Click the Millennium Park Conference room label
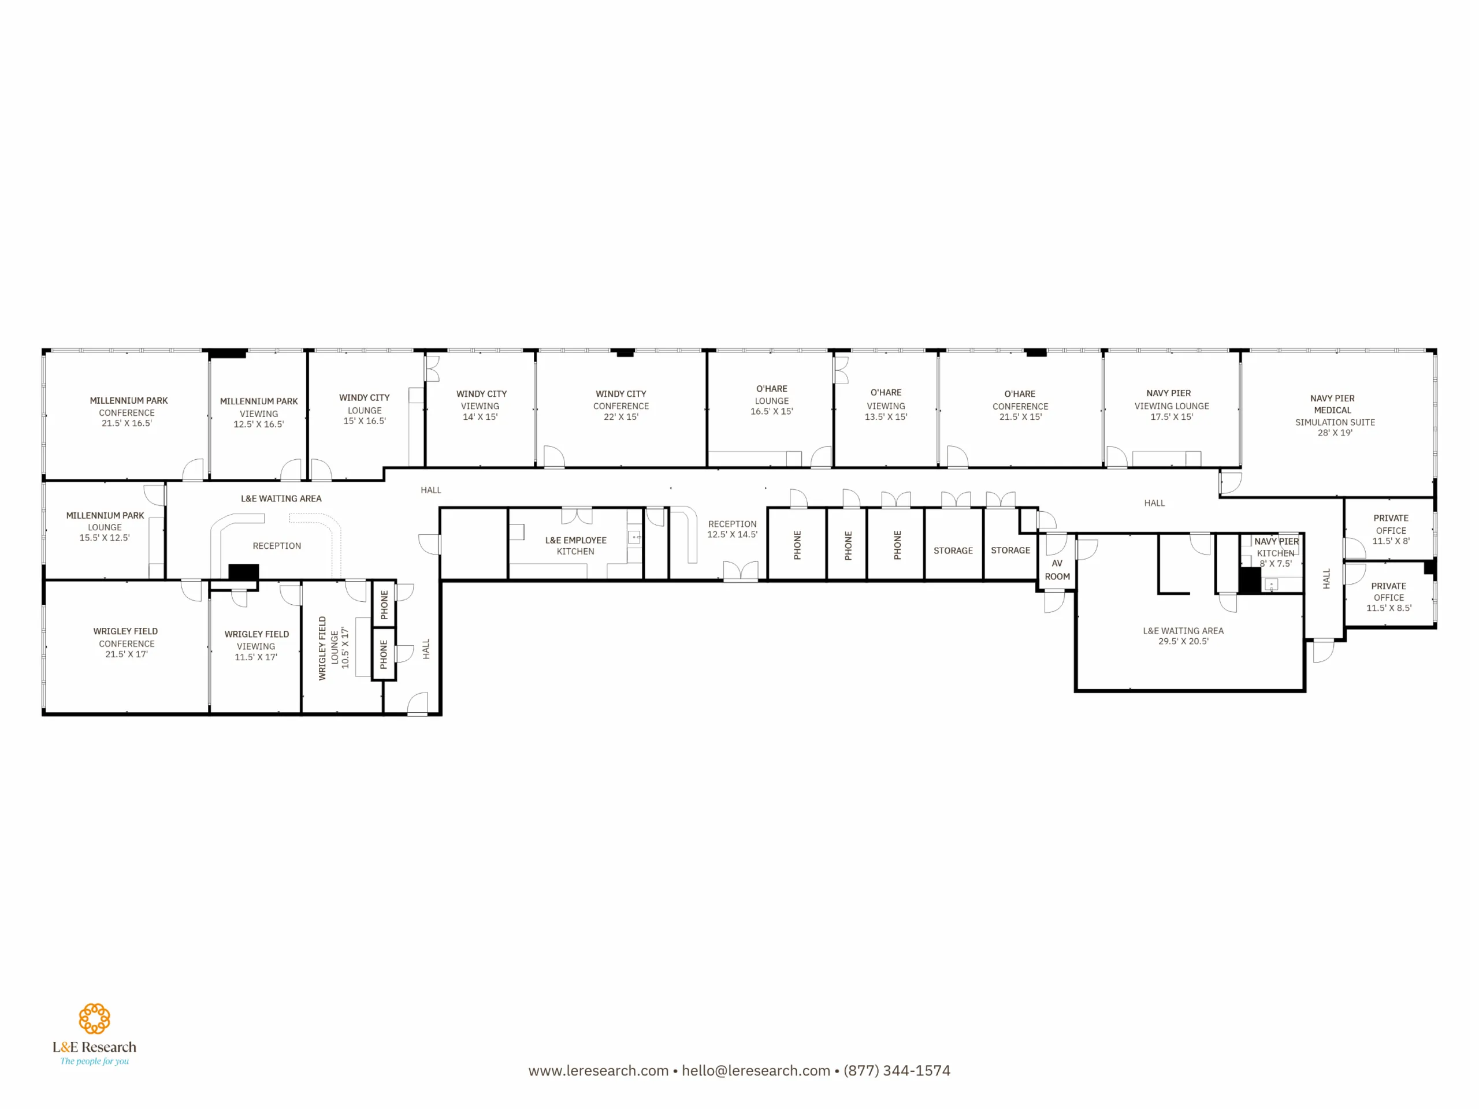click(128, 412)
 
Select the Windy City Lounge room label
click(365, 409)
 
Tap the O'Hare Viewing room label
click(886, 404)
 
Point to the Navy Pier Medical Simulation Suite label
click(1335, 415)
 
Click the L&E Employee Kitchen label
click(575, 545)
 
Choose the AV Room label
click(1057, 570)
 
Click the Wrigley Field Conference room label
click(126, 642)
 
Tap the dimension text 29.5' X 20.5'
click(1183, 641)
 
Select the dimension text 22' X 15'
click(621, 416)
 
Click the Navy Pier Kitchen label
click(1276, 552)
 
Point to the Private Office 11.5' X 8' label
click(1391, 530)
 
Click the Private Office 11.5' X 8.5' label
click(1389, 597)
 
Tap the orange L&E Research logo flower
click(94, 1019)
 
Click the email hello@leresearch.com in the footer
click(756, 1070)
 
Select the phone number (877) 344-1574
click(897, 1070)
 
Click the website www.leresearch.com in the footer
click(599, 1070)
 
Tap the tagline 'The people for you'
click(94, 1061)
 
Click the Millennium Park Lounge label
click(105, 526)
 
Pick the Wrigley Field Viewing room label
click(256, 645)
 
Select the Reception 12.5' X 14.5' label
click(732, 529)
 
